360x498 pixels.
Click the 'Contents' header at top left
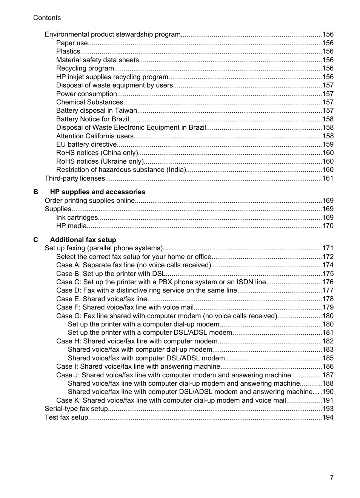pos(47,18)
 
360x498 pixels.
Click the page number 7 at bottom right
pos(332,477)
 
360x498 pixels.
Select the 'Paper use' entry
pos(72,43)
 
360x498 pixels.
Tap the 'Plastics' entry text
pos(68,51)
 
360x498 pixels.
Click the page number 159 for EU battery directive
pos(328,144)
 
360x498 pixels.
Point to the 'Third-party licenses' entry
pos(75,178)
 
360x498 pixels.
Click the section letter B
pos(35,192)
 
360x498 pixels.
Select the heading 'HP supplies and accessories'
pos(97,192)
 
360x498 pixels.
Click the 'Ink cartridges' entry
pos(77,218)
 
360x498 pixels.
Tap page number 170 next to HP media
pos(328,226)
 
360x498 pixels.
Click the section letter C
pos(35,240)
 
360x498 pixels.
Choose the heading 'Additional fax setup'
pos(83,240)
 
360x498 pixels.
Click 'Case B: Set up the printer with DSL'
pos(111,274)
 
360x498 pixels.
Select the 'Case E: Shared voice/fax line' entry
pos(102,299)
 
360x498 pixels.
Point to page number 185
pos(328,358)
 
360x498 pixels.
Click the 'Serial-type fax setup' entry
pos(76,409)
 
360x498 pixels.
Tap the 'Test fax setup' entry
pos(66,417)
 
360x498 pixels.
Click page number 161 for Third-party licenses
pos(328,178)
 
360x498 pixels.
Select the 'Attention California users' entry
pos(95,136)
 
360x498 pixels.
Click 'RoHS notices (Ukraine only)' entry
pos(100,161)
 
